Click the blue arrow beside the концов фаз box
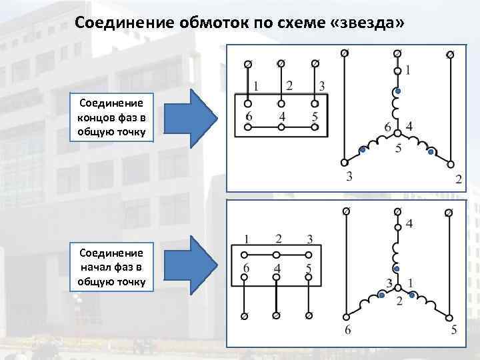[197, 119]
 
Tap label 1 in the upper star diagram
[408, 69]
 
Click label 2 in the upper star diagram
[458, 178]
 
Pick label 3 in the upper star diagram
[348, 177]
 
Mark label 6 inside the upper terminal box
[249, 117]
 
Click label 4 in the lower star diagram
[409, 224]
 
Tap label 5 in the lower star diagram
[453, 329]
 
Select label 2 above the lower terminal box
[279, 239]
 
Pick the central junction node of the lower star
[397, 288]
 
